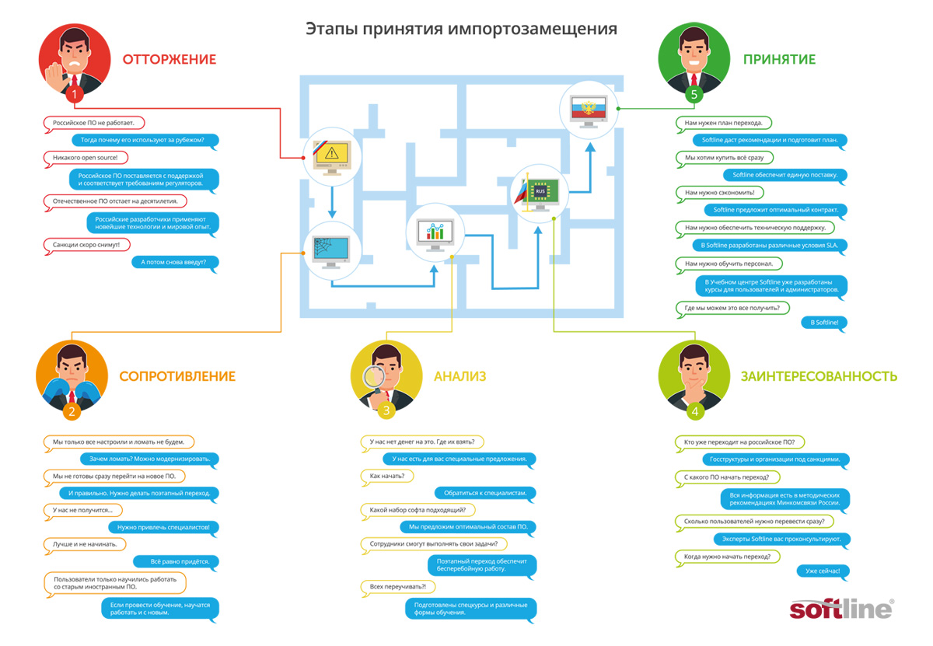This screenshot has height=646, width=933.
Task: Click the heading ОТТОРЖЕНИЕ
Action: click(x=169, y=59)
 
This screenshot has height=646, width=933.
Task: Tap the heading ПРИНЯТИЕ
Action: click(x=778, y=59)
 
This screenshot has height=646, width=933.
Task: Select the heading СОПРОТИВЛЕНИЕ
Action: click(x=177, y=376)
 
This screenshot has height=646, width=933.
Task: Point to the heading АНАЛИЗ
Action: click(x=460, y=376)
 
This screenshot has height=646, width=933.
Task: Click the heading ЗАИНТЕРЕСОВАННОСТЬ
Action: click(x=819, y=376)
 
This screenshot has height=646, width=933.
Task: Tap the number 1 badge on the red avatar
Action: click(x=75, y=95)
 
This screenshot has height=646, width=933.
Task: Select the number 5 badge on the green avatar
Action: click(x=694, y=95)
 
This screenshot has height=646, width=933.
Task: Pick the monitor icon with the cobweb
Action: click(x=331, y=251)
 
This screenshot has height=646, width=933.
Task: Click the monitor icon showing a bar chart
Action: click(x=435, y=232)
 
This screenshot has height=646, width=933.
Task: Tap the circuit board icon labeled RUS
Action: click(x=540, y=191)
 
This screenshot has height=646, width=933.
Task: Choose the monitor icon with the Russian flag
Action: click(x=589, y=108)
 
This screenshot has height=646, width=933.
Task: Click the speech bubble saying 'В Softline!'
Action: click(x=823, y=322)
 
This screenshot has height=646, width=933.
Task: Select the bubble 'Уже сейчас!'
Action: click(x=822, y=571)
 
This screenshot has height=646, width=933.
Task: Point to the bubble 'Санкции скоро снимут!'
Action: click(x=87, y=245)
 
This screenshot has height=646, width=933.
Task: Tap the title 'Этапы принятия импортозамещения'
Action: click(x=460, y=29)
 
